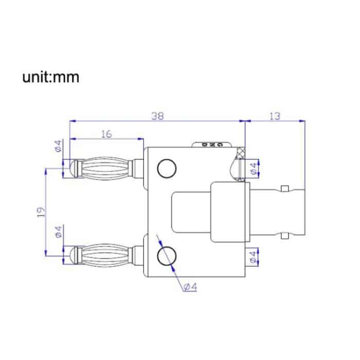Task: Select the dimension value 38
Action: pyautogui.click(x=157, y=116)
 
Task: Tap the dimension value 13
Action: pyautogui.click(x=274, y=116)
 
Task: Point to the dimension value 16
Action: pyautogui.click(x=106, y=134)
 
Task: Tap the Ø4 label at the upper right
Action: pyautogui.click(x=253, y=167)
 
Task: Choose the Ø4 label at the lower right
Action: pyautogui.click(x=253, y=256)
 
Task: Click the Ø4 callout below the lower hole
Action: pyautogui.click(x=190, y=287)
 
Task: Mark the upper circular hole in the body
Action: pyautogui.click(x=167, y=168)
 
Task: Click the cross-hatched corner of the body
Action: pyautogui.click(x=240, y=154)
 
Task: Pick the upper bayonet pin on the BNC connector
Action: pyautogui.click(x=283, y=187)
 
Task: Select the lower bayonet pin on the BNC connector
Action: pyautogui.click(x=283, y=236)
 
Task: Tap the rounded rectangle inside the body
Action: pyautogui.click(x=191, y=211)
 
